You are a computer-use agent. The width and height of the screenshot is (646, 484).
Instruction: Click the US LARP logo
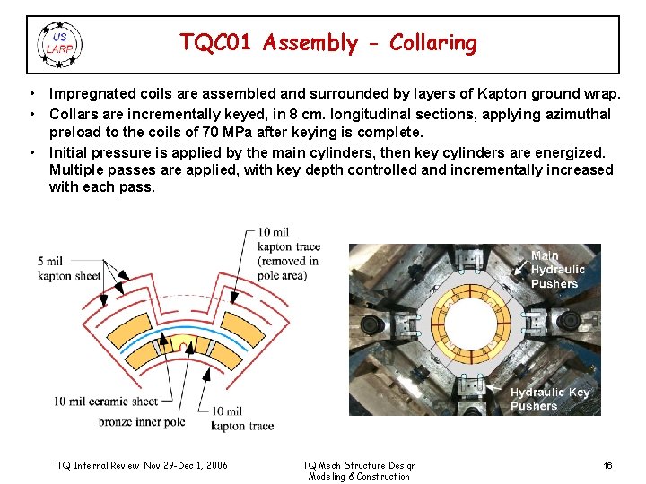(60, 45)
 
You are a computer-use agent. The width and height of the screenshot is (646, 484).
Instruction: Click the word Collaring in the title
(433, 43)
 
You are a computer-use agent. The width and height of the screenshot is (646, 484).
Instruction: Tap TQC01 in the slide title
(215, 42)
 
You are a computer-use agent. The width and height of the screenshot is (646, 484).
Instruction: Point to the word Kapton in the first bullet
(502, 94)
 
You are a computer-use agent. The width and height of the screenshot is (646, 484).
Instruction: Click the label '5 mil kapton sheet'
(69, 268)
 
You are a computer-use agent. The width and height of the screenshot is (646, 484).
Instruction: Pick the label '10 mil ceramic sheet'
(106, 402)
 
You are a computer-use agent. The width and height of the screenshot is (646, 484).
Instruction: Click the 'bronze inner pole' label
(142, 422)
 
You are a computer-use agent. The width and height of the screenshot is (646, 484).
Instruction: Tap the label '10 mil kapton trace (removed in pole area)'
(288, 254)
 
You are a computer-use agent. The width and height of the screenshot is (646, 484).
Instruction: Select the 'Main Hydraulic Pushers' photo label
(557, 270)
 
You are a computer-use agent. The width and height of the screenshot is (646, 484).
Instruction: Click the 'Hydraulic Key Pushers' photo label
(550, 399)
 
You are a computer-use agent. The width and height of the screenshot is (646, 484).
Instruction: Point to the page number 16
(607, 465)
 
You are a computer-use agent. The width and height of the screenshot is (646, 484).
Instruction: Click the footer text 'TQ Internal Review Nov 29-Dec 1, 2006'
(142, 465)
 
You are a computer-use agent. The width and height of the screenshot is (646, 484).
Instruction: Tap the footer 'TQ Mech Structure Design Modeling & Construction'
(359, 471)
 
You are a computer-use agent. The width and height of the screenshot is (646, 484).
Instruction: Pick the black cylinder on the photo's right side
(569, 320)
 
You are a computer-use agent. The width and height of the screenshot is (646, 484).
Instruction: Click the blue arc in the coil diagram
(184, 329)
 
